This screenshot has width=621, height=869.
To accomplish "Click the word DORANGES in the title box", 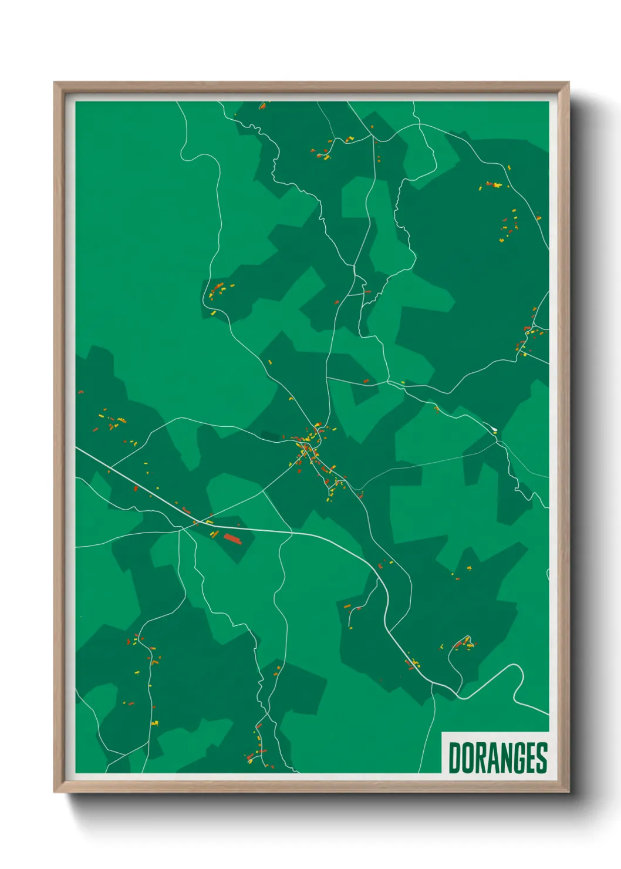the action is coord(498,758).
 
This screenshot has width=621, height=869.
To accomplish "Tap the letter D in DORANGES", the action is coord(455,758).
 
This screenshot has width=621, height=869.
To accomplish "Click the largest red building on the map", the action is coord(232,538).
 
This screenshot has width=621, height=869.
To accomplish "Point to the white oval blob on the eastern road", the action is coord(494,430).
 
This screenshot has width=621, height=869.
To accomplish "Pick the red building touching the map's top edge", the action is coord(262,106).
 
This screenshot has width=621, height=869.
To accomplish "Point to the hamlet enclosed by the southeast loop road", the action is coord(464,644).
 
